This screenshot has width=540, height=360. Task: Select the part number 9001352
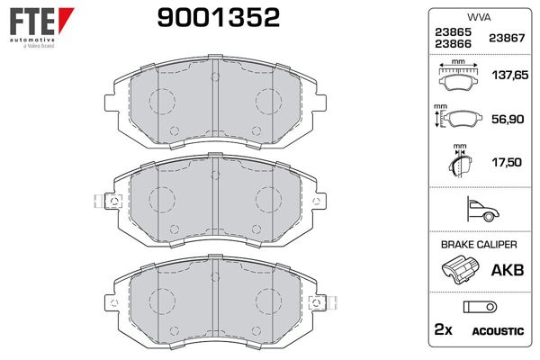coord(209,17)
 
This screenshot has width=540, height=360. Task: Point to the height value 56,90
coord(504,120)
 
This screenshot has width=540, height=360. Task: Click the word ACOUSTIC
coord(497,332)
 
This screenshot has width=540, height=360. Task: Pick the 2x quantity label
coord(444,331)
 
